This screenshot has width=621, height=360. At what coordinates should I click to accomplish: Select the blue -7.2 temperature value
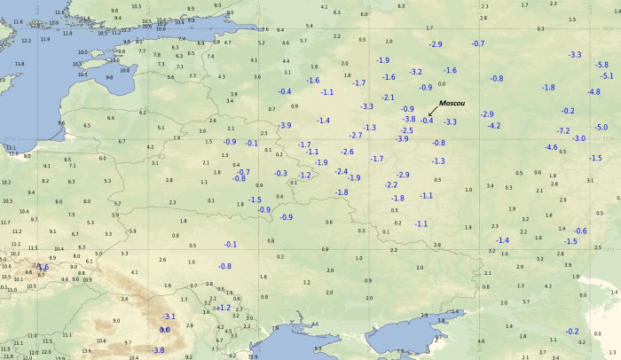click(x=562, y=130)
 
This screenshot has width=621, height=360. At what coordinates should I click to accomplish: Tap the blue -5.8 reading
click(x=601, y=65)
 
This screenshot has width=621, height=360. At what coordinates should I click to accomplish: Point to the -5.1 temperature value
click(x=607, y=75)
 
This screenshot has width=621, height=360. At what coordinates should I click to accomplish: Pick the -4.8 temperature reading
click(x=593, y=92)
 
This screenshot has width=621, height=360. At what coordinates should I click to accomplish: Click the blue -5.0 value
click(x=601, y=128)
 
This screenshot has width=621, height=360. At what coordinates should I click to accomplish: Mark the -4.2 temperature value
click(x=494, y=126)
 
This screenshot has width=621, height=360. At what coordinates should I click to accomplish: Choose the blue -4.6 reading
click(x=551, y=147)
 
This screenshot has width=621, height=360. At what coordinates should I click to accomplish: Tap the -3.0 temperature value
click(x=579, y=139)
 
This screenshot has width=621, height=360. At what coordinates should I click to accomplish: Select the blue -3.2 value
click(x=415, y=71)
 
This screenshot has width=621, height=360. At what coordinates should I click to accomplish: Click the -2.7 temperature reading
click(x=356, y=136)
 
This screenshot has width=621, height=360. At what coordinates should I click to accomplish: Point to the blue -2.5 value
click(x=406, y=130)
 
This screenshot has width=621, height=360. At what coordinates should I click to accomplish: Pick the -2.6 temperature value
click(x=347, y=152)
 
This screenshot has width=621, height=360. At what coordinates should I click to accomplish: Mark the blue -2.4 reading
click(x=341, y=171)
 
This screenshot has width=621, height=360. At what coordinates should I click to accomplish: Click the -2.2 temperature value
click(x=391, y=184)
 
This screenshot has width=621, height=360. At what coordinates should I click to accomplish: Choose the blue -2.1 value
click(x=388, y=97)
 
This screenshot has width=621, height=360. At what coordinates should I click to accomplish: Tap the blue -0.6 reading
click(x=580, y=231)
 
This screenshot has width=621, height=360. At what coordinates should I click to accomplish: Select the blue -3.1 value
click(x=169, y=317)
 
